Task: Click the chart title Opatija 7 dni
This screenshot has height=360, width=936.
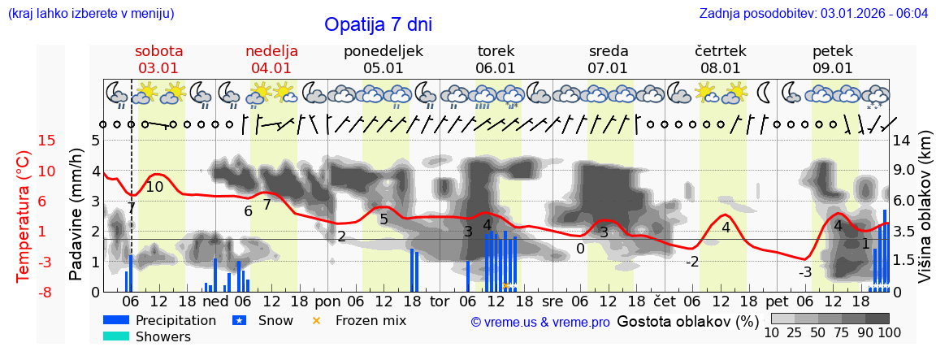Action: coord(378,24)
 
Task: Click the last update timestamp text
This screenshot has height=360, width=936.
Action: coord(813,14)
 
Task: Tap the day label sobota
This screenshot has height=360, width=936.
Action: coord(158,51)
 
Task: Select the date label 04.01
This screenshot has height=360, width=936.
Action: coord(271,68)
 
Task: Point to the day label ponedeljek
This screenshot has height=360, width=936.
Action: coord(383,51)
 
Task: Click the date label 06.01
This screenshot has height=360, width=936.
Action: coord(496,68)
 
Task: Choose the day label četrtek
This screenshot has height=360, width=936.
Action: coord(721,51)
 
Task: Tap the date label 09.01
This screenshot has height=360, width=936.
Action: coord(833,68)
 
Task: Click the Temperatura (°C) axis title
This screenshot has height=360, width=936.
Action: coord(24,217)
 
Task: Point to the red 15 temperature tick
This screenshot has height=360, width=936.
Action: coord(24,141)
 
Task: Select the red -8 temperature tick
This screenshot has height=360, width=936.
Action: coord(24,292)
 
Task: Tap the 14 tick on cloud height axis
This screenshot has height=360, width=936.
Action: coord(901,141)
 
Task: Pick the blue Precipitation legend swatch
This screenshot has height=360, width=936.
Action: coord(117,320)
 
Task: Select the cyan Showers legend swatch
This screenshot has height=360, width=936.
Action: coord(117,336)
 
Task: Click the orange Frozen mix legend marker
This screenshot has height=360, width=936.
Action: coord(317,320)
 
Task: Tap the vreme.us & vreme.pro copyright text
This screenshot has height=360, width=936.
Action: coord(540,322)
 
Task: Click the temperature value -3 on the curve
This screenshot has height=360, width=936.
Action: coord(804,271)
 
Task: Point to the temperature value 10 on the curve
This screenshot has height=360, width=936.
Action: coord(154,187)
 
